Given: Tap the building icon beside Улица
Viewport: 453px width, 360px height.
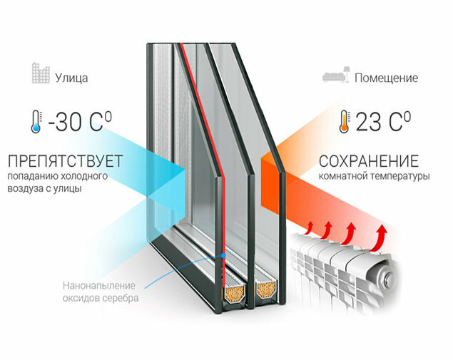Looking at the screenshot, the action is click(40, 73).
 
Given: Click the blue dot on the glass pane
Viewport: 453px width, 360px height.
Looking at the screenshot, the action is click(223, 254).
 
